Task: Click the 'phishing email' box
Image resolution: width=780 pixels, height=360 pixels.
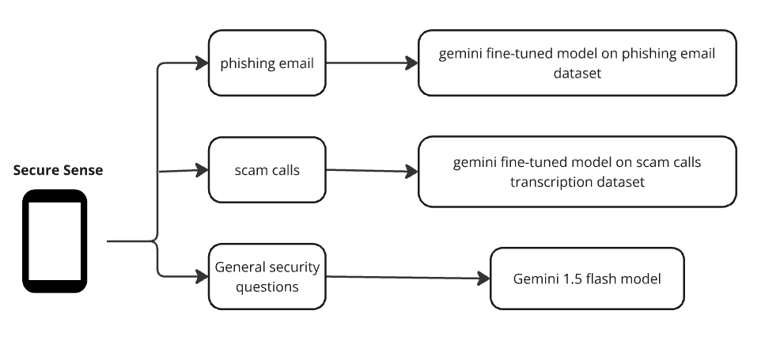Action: pos(267,63)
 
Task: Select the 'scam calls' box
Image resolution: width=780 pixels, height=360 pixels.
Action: pos(267,169)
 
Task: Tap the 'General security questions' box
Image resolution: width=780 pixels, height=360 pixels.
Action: pos(267,277)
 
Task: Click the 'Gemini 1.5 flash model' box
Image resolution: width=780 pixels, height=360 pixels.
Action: pos(586,279)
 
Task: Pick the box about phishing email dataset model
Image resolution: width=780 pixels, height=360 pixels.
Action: pos(577,63)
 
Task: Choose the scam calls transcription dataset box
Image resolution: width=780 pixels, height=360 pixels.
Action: pos(577,172)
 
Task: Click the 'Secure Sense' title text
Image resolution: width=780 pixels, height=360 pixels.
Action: pos(58,170)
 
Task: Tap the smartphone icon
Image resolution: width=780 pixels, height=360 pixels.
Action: pos(54,241)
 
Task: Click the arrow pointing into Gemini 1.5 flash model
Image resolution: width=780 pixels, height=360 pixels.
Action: pos(407,278)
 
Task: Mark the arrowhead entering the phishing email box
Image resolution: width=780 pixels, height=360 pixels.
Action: pos(202,63)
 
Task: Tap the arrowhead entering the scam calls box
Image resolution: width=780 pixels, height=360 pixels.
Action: pos(202,169)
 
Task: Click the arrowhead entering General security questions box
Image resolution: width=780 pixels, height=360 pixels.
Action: pos(202,276)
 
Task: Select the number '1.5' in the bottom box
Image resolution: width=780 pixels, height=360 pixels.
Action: pos(569,279)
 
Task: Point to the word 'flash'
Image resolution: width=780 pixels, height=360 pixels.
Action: pos(599,279)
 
